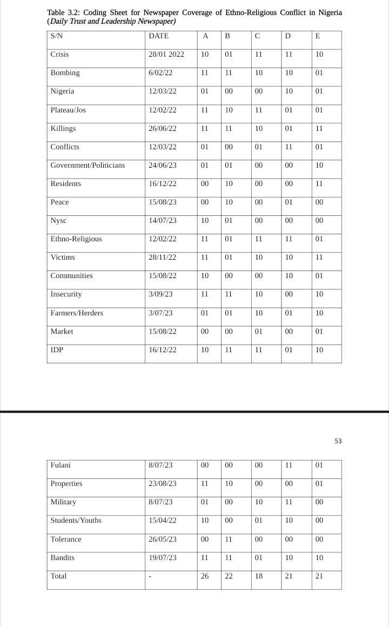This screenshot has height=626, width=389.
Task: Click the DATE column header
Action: [x=158, y=36]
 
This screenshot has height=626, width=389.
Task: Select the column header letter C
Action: [x=258, y=36]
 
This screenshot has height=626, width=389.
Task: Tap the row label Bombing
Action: [x=65, y=73]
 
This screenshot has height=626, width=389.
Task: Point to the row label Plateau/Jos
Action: [x=68, y=110]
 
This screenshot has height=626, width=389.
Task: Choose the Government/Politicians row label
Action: [x=88, y=165]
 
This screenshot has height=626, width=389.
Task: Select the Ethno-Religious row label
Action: [x=76, y=239]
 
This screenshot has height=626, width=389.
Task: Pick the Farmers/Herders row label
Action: [x=77, y=313]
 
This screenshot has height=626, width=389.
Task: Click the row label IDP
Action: [x=57, y=350]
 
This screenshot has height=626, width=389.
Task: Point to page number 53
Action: [x=338, y=441]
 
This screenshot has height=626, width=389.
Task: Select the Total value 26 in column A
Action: [x=205, y=576]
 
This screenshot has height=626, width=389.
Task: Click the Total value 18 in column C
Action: [x=258, y=576]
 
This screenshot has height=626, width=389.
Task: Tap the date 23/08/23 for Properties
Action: [x=162, y=483]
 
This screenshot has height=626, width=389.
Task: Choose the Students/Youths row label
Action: [x=76, y=520]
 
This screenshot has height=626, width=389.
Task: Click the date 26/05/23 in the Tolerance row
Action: [x=162, y=539]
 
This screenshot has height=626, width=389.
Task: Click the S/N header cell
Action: [x=57, y=36]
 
